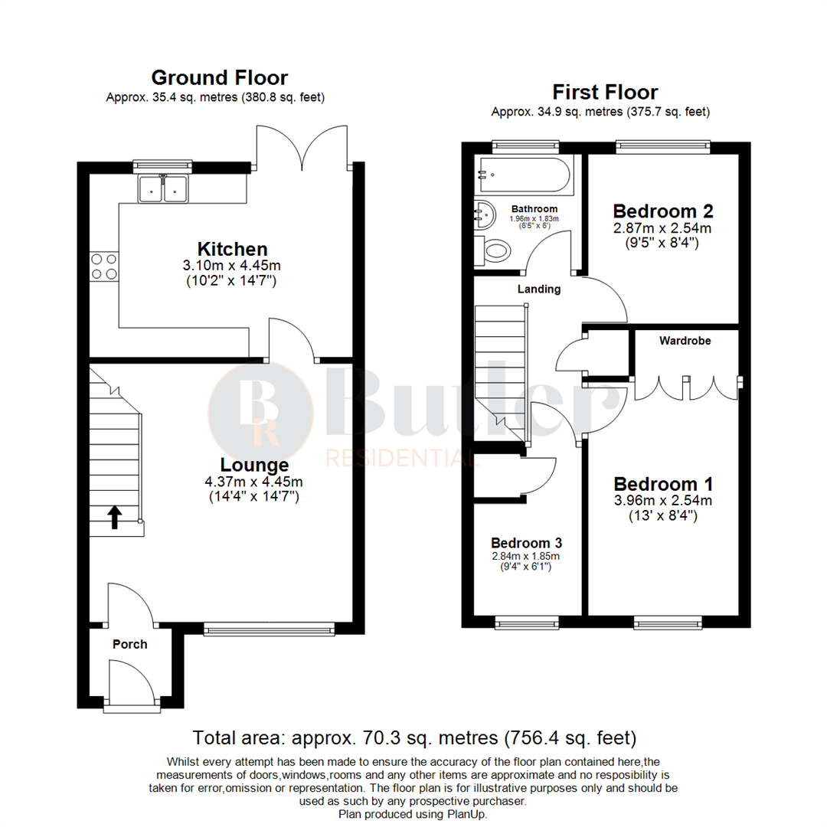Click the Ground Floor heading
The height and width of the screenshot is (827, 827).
tap(219, 77)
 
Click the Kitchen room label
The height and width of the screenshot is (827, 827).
tap(233, 249)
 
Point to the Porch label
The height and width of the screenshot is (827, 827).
tap(129, 644)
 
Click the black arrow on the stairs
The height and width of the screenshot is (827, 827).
tap(114, 517)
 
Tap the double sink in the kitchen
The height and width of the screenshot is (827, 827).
tap(163, 188)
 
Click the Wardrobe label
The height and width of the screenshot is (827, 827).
tap(685, 341)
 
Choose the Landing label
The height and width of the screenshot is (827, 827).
tap(539, 289)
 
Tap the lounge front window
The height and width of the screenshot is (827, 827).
tap(270, 629)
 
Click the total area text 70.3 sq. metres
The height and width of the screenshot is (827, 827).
tap(414, 738)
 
